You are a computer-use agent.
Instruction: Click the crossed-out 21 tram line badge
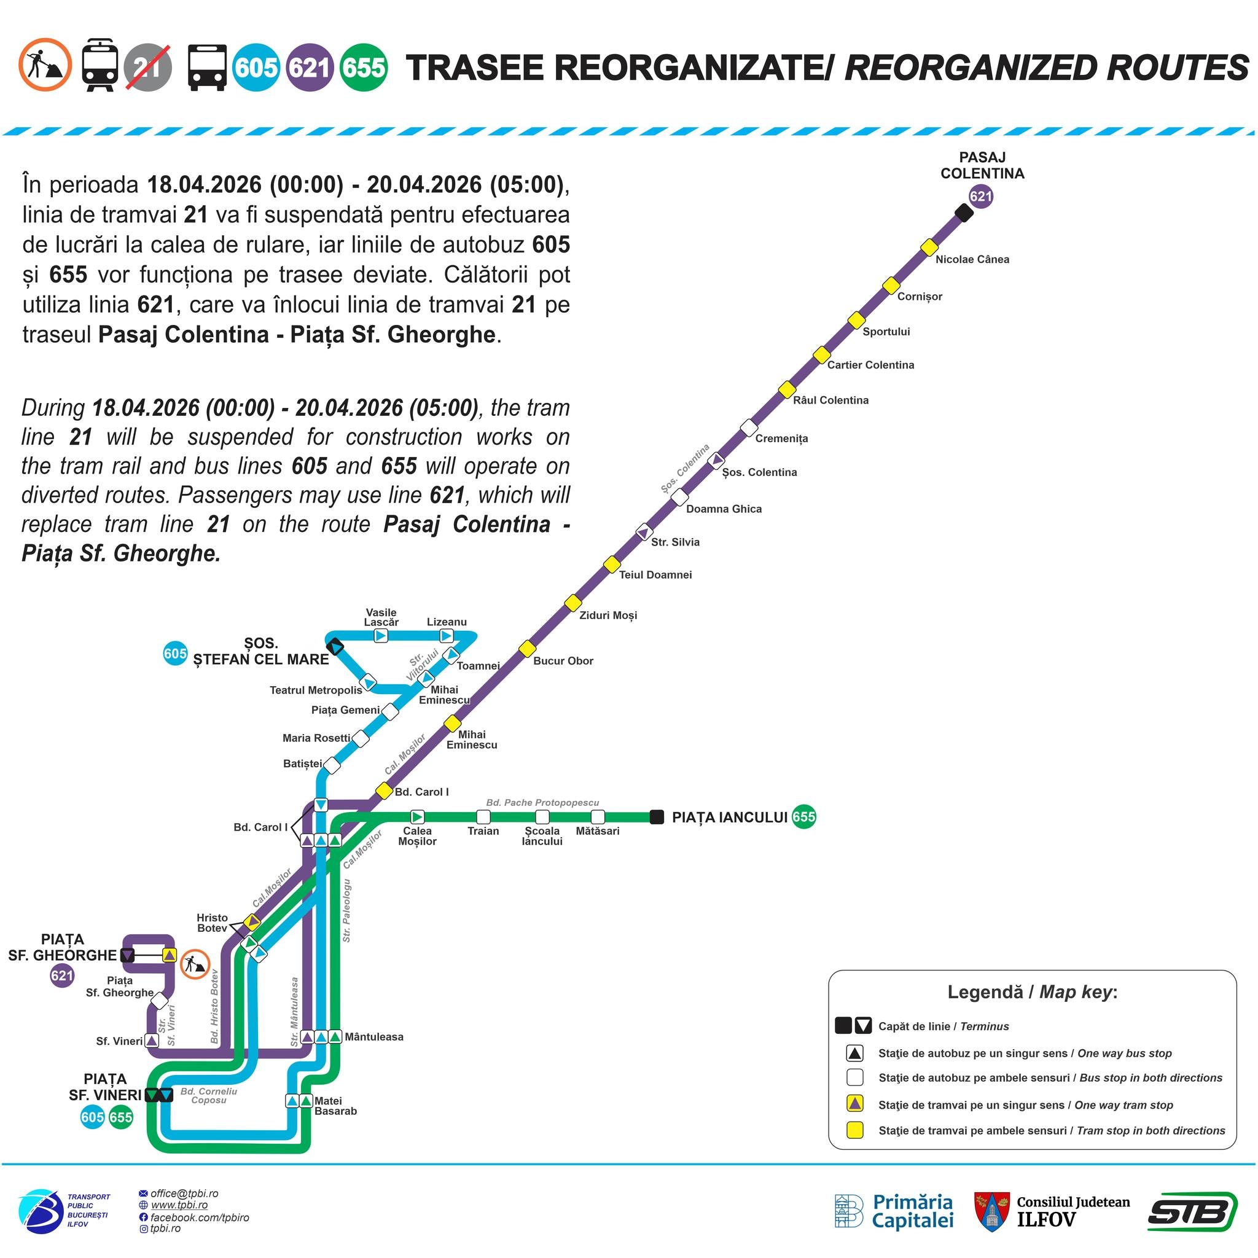(148, 67)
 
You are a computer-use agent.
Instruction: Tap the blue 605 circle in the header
(256, 67)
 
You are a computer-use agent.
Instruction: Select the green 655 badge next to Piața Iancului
(803, 816)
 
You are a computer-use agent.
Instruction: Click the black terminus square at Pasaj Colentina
(964, 213)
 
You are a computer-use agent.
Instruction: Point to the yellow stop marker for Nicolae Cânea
(929, 248)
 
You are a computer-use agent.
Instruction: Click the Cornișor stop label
(920, 297)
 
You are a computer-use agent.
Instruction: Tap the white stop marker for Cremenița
(749, 428)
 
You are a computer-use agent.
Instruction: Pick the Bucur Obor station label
(563, 661)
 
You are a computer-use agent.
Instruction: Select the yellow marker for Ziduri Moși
(572, 603)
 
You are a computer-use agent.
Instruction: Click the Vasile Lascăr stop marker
(381, 636)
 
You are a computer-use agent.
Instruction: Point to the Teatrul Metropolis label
(316, 690)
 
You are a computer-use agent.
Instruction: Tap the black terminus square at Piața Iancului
(657, 816)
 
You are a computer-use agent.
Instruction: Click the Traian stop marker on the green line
(483, 816)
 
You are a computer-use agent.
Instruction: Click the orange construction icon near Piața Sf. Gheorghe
(195, 964)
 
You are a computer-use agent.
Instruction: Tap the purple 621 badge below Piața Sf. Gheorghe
(62, 975)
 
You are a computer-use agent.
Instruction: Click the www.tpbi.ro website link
(179, 1205)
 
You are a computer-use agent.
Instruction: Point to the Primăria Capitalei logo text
(913, 1212)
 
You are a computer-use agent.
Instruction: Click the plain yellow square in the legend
(854, 1130)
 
